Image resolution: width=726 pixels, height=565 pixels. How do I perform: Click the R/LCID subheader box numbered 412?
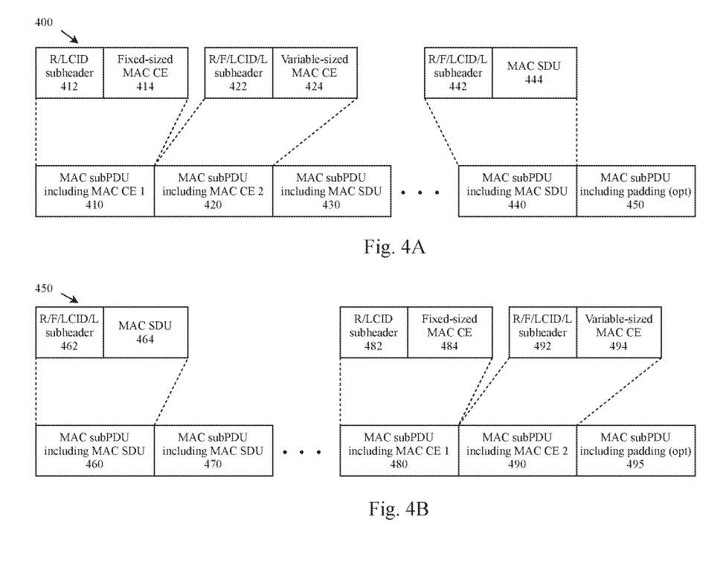[x=69, y=73]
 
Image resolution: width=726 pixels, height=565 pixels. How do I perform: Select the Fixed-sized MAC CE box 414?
[x=146, y=73]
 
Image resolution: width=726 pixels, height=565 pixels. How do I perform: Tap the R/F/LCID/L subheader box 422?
[x=239, y=73]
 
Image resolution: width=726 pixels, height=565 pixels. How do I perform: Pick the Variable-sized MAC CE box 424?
[x=315, y=73]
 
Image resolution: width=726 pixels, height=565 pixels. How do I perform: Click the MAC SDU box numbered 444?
[x=534, y=73]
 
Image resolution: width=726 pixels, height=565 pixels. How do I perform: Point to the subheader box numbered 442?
[x=458, y=73]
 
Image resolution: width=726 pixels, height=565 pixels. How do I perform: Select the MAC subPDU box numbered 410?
[x=95, y=190]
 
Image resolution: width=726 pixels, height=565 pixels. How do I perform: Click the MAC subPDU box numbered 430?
[x=332, y=190]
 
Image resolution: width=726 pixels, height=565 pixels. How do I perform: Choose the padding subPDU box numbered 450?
[x=636, y=190]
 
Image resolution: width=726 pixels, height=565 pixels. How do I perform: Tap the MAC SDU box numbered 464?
[x=146, y=332]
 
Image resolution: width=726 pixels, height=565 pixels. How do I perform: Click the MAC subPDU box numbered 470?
[x=213, y=451]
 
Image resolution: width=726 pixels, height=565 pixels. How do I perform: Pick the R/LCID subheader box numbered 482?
[x=373, y=332]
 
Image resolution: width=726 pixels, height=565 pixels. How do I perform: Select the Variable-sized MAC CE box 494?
[x=619, y=332]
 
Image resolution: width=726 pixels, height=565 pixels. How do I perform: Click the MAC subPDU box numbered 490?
[x=518, y=451]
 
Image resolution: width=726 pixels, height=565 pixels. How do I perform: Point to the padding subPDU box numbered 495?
[x=636, y=451]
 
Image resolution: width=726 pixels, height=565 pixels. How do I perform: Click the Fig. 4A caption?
[x=394, y=246]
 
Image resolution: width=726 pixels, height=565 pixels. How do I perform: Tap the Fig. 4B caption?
[x=399, y=508]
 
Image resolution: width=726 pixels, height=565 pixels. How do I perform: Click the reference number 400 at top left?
[x=44, y=22]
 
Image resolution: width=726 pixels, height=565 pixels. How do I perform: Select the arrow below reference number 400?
[x=69, y=36]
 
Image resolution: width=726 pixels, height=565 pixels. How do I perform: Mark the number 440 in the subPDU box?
[x=517, y=204]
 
